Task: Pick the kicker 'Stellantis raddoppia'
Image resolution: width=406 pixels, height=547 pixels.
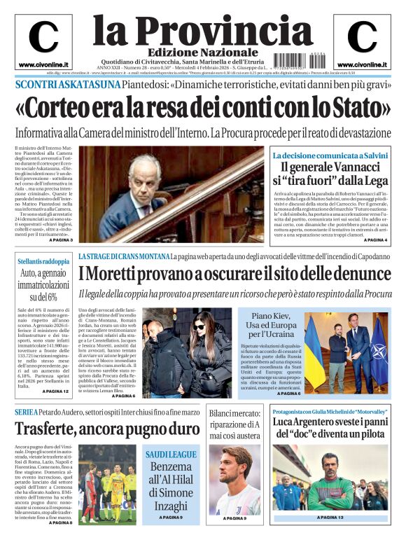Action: click(43, 261)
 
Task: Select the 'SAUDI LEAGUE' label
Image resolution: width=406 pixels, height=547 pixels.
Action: click(171, 455)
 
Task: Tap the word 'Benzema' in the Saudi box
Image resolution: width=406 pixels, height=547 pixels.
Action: click(171, 466)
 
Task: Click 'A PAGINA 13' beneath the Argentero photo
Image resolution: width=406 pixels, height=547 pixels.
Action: click(330, 518)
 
